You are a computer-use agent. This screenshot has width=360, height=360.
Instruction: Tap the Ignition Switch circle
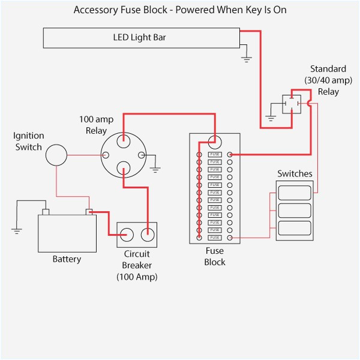56,154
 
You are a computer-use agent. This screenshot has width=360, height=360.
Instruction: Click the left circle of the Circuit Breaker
127,234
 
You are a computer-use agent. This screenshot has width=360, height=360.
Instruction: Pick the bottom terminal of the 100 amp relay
123,168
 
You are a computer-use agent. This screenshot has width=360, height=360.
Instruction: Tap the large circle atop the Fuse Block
215,142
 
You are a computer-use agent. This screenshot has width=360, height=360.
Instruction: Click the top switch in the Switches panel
294,193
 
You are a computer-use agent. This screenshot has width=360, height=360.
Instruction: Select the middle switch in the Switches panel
294,211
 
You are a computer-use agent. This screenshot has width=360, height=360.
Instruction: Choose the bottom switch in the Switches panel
294,228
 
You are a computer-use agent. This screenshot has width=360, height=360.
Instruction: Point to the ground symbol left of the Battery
16,229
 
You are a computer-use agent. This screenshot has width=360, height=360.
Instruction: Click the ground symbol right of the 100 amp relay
156,169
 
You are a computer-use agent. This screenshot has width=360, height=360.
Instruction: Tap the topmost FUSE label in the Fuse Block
215,155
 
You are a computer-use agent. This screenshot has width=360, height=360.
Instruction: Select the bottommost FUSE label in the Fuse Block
215,238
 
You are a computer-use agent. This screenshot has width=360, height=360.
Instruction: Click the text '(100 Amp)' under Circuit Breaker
137,277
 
